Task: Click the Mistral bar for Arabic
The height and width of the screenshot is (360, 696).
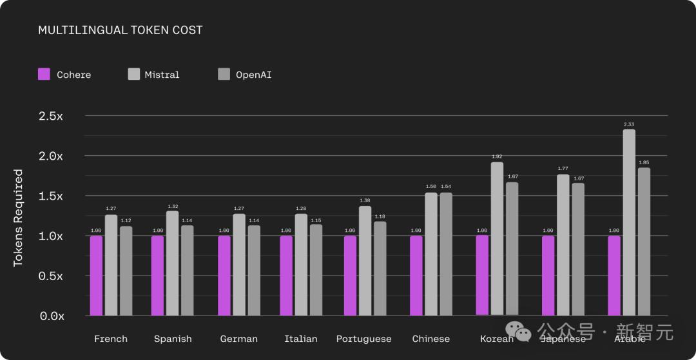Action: (629, 222)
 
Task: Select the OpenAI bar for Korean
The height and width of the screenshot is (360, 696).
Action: (512, 249)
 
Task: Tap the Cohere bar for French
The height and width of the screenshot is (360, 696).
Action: (96, 276)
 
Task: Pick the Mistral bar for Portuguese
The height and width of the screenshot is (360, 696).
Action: (365, 261)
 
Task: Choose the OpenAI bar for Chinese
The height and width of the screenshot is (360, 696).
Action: (446, 254)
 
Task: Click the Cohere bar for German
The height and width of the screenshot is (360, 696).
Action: (224, 276)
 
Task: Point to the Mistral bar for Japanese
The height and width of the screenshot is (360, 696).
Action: (563, 245)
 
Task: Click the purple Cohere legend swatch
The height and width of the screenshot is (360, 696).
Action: (44, 74)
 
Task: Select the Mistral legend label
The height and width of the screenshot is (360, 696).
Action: (162, 75)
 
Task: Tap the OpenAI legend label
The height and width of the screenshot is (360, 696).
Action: (253, 75)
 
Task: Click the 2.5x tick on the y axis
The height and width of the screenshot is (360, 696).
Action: (51, 116)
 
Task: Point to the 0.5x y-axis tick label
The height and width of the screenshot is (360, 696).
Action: (51, 276)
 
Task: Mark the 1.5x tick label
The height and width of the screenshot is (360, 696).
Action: (51, 196)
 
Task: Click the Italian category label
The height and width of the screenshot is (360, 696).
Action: (301, 339)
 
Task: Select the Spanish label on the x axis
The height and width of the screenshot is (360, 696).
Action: (173, 339)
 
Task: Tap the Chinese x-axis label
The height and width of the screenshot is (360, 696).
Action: (431, 339)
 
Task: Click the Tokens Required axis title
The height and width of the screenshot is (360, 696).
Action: (18, 218)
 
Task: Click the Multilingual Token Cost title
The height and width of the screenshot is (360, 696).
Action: (121, 30)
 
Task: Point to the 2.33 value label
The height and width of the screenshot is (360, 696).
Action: (629, 124)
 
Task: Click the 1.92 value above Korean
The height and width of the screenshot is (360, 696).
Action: (497, 156)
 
